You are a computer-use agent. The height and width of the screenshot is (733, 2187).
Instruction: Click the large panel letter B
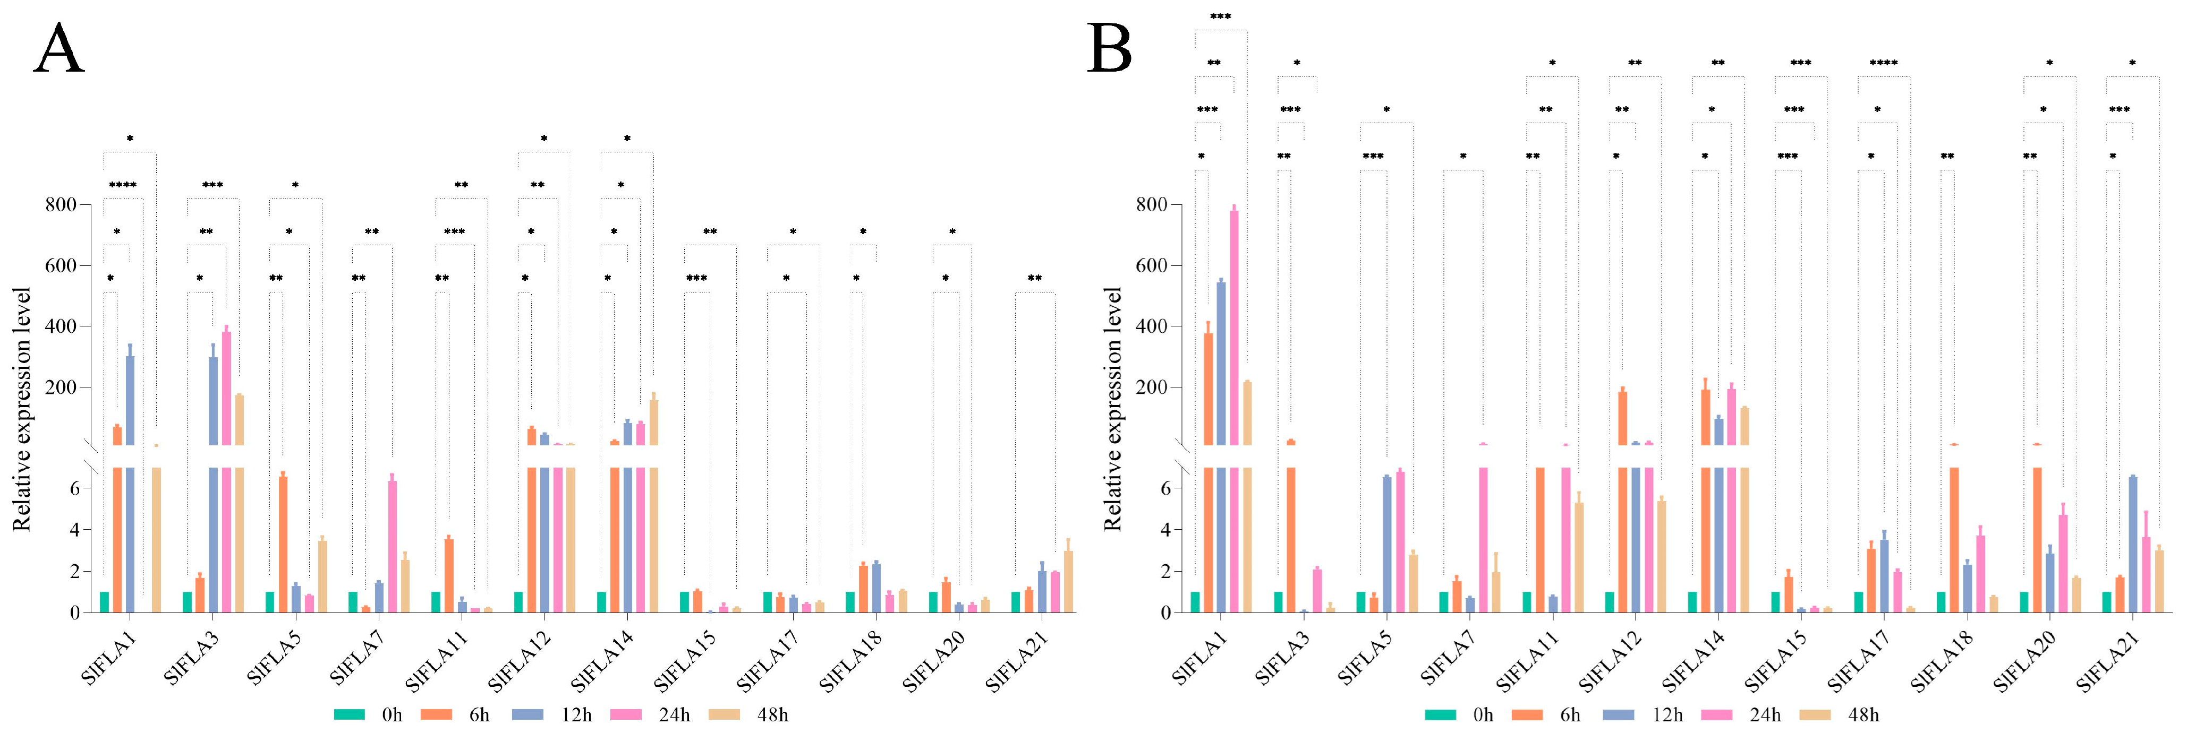(x=1110, y=49)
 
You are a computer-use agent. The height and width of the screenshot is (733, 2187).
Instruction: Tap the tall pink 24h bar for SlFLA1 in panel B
(x=1233, y=339)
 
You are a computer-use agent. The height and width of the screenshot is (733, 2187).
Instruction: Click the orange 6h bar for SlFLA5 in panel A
(x=283, y=543)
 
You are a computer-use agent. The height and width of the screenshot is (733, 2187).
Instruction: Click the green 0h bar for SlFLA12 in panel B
(x=1609, y=601)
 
